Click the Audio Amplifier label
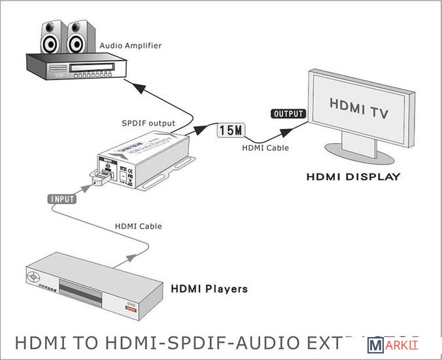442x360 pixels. click(x=130, y=46)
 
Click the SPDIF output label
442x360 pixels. click(x=148, y=123)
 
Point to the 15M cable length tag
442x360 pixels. click(x=231, y=130)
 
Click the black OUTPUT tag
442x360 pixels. click(x=288, y=114)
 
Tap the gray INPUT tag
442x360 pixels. click(x=63, y=198)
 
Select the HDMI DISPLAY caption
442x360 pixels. click(x=354, y=177)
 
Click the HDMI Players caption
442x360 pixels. click(x=209, y=288)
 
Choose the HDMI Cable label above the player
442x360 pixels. click(x=139, y=226)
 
